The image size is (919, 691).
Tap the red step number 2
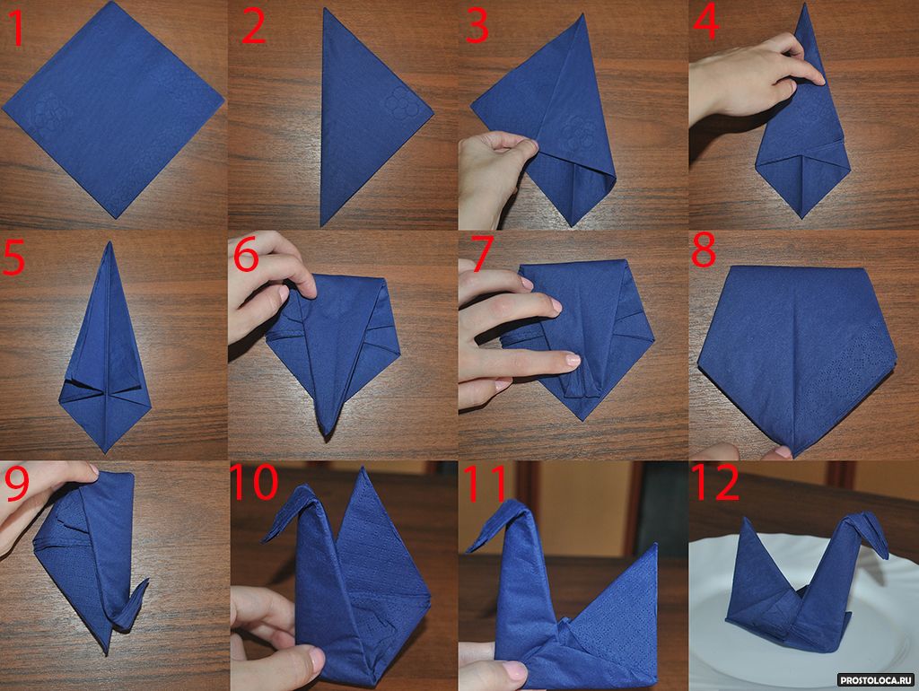(253, 27)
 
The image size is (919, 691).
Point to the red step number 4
(705, 22)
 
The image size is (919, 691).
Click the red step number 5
(14, 258)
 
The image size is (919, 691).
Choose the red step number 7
(482, 254)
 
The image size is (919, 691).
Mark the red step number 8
(704, 249)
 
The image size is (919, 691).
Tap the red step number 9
(17, 484)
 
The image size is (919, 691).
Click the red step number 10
(254, 482)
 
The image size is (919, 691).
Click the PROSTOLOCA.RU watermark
(876, 680)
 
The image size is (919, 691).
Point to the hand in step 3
(495, 176)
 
